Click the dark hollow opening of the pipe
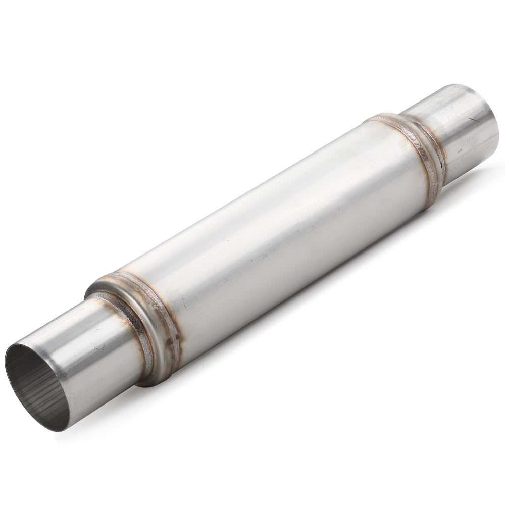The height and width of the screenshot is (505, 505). (x=35, y=384)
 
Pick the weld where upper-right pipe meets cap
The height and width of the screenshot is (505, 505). (x=434, y=146)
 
